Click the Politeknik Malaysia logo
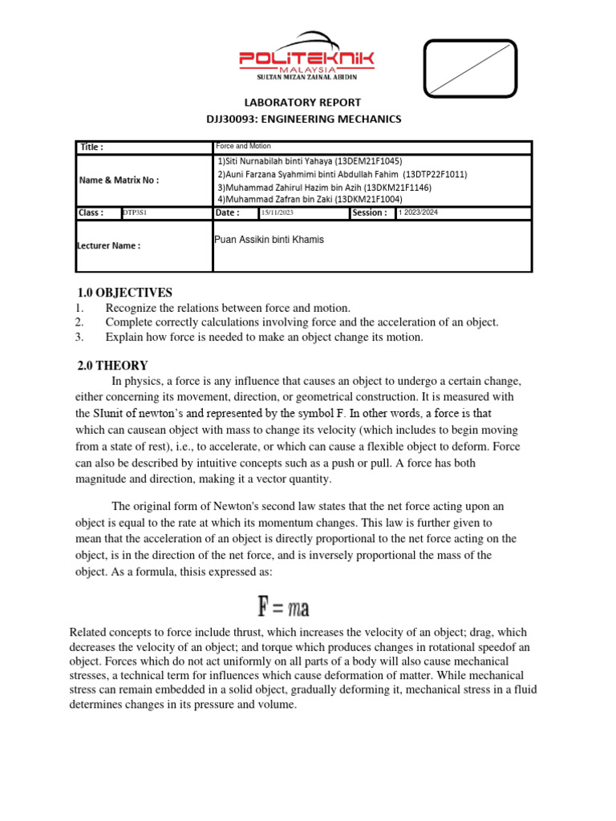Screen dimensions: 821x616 (x=306, y=56)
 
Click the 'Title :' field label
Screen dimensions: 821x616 (x=91, y=148)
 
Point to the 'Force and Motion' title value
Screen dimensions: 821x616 (x=244, y=147)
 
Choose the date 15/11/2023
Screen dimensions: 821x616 (x=278, y=213)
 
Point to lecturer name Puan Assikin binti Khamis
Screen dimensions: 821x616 (x=269, y=240)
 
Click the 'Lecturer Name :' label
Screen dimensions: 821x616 (x=109, y=246)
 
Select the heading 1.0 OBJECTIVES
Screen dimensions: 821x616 (x=124, y=293)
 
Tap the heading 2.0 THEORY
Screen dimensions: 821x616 (x=112, y=366)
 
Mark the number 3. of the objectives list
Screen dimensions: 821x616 (x=79, y=338)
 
